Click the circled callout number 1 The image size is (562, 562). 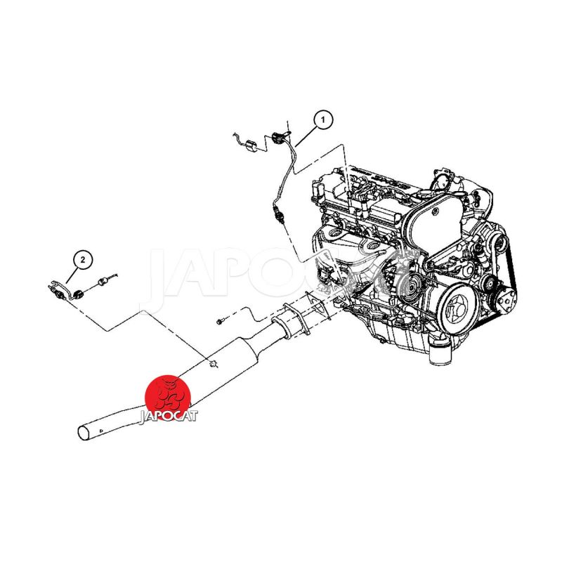pyautogui.click(x=322, y=119)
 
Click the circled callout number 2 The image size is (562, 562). pyautogui.click(x=83, y=259)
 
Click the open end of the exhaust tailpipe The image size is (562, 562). pyautogui.click(x=84, y=433)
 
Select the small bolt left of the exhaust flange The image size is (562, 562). pyautogui.click(x=221, y=322)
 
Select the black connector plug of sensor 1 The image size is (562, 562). pyautogui.click(x=277, y=138)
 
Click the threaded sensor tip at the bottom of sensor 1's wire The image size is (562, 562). pyautogui.click(x=280, y=216)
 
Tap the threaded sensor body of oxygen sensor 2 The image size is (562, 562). pyautogui.click(x=57, y=293)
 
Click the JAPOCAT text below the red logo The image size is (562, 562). pyautogui.click(x=168, y=417)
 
